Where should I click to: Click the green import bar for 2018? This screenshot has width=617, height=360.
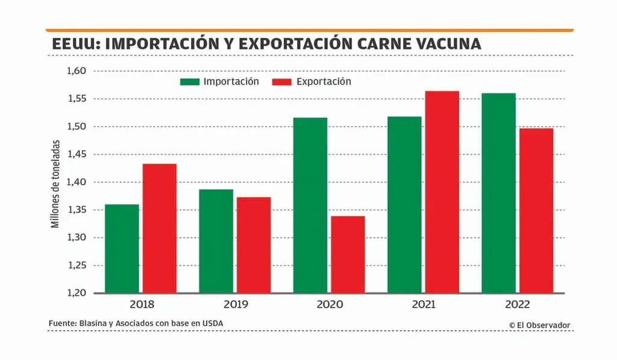[122, 248]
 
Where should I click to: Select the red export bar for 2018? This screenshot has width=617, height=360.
[160, 229]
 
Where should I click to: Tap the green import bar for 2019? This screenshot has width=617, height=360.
[216, 241]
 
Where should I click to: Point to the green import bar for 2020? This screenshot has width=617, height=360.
[310, 205]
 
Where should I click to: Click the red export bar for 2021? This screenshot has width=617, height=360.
[442, 192]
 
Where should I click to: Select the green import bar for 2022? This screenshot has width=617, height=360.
[499, 193]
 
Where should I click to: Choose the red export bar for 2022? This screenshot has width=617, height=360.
[536, 210]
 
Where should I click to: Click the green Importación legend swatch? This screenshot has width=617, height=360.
[190, 81]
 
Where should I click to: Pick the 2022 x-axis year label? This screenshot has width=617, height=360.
[517, 305]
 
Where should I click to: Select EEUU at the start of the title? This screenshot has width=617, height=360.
[72, 44]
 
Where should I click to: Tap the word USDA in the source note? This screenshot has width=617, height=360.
[212, 324]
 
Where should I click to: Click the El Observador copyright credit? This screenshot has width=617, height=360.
[539, 325]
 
